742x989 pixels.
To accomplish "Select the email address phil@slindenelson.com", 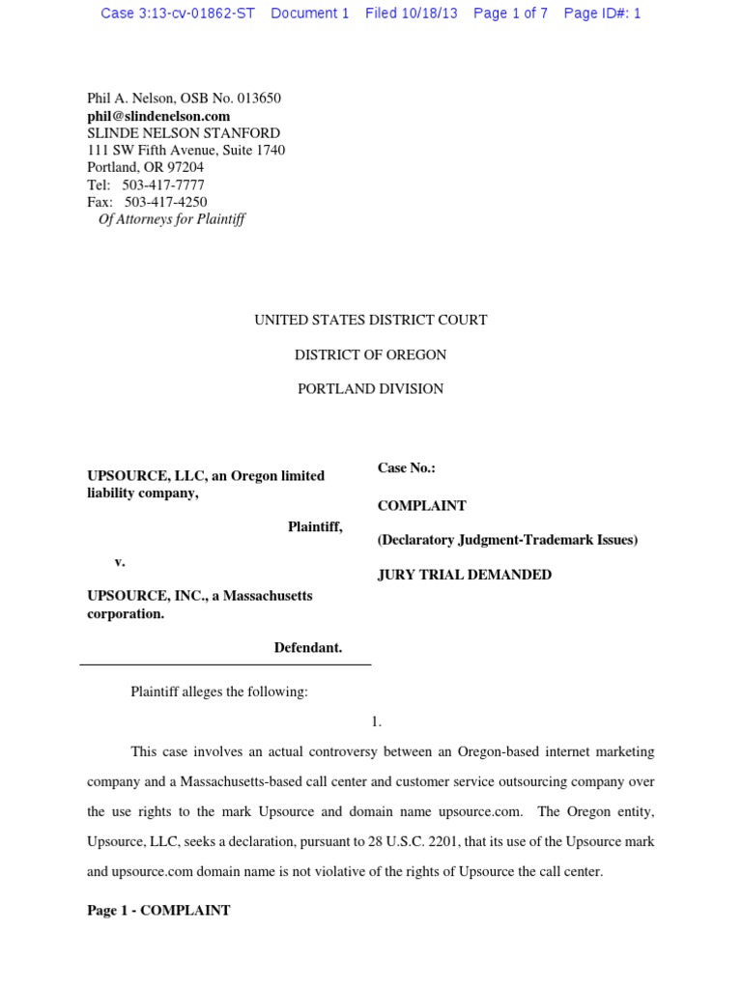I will pos(158,116).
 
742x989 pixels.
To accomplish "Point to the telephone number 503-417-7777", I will pos(163,185).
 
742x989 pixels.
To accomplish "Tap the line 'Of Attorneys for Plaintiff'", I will pos(171,219).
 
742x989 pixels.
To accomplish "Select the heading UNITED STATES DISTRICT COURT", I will pos(370,321).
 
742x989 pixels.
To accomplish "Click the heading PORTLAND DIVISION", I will pos(370,389).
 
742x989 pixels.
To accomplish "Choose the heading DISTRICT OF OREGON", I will pos(370,355).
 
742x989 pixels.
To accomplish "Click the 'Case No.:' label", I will pos(406,468).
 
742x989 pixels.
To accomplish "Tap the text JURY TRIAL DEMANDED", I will pos(464,575).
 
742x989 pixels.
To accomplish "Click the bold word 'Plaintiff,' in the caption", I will pos(315,527).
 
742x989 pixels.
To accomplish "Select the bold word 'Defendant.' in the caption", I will pos(308,648).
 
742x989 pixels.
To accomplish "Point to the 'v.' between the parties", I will pos(120,561).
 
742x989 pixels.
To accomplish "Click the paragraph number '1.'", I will pos(376,721).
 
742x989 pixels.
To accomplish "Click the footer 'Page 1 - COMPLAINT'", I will pos(158,911).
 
